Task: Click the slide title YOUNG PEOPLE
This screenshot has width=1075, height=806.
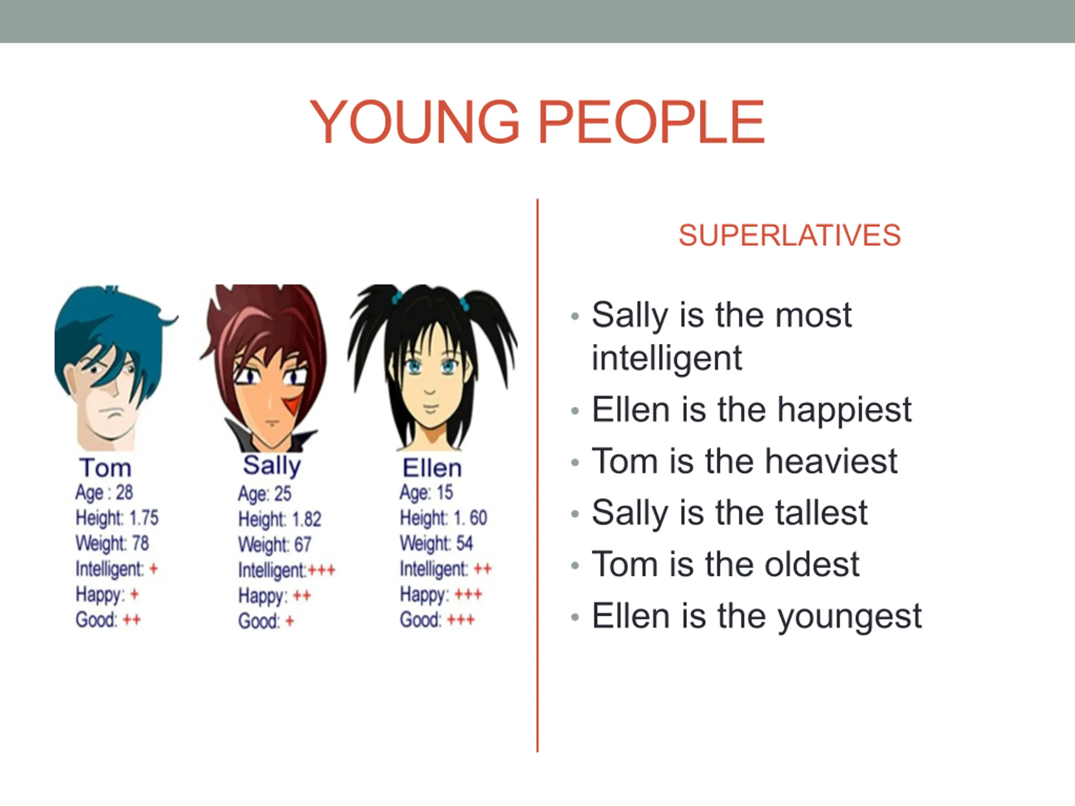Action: click(x=537, y=121)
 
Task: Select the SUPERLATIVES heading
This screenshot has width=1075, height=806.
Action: click(x=790, y=236)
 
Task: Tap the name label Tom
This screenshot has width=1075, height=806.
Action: click(x=105, y=468)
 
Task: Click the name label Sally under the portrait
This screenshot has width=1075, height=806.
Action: click(x=272, y=466)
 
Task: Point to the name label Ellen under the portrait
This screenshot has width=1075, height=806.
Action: click(x=432, y=468)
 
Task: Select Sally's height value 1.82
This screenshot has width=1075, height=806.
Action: click(x=307, y=519)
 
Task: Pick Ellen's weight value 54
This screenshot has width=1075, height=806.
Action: click(x=464, y=543)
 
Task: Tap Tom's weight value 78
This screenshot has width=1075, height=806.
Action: click(x=140, y=543)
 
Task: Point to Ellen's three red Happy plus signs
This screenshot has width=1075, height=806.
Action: click(x=468, y=594)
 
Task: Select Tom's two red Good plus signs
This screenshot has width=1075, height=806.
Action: click(x=132, y=620)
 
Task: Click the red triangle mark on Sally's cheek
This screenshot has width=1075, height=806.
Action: click(x=293, y=405)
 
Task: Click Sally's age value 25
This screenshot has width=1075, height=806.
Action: click(x=283, y=494)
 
